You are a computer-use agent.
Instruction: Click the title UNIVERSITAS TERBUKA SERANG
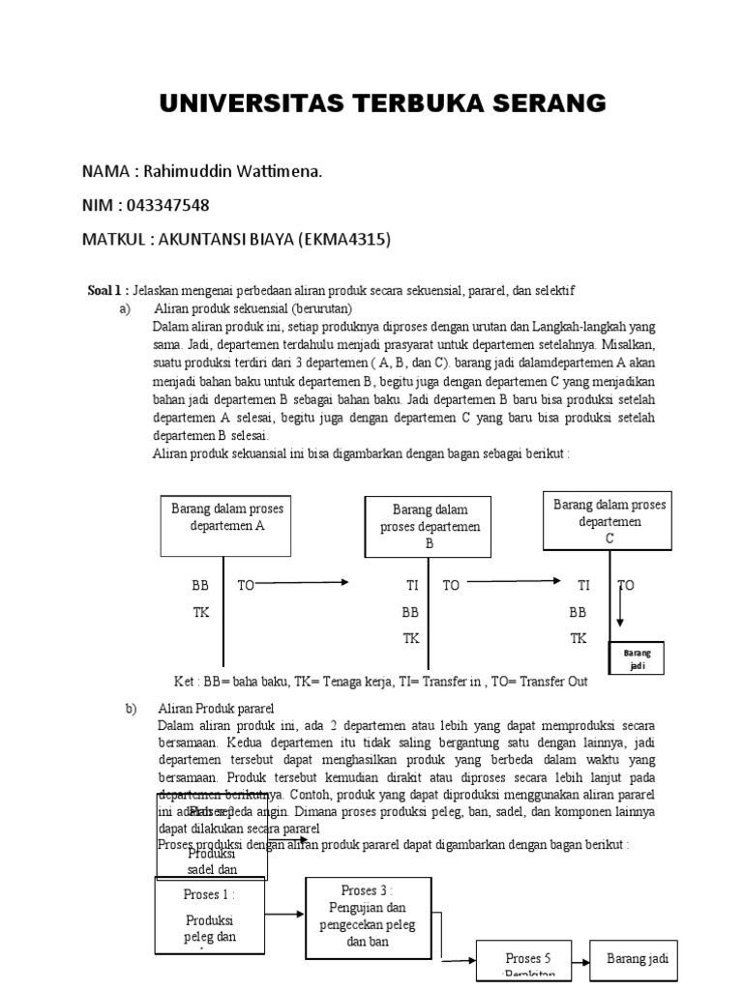[x=382, y=103]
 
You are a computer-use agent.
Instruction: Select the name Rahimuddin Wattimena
[x=232, y=171]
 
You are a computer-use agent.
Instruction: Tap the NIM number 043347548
[x=164, y=205]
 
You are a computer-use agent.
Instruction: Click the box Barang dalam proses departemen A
[x=223, y=524]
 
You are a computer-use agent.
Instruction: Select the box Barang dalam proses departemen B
[x=430, y=526]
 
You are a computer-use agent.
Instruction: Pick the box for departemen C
[x=609, y=521]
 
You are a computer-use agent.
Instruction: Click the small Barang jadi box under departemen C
[x=636, y=660]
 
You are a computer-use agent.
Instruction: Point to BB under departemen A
[x=200, y=586]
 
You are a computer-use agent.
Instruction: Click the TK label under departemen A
[x=200, y=613]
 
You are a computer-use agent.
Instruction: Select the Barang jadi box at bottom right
[x=637, y=960]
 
